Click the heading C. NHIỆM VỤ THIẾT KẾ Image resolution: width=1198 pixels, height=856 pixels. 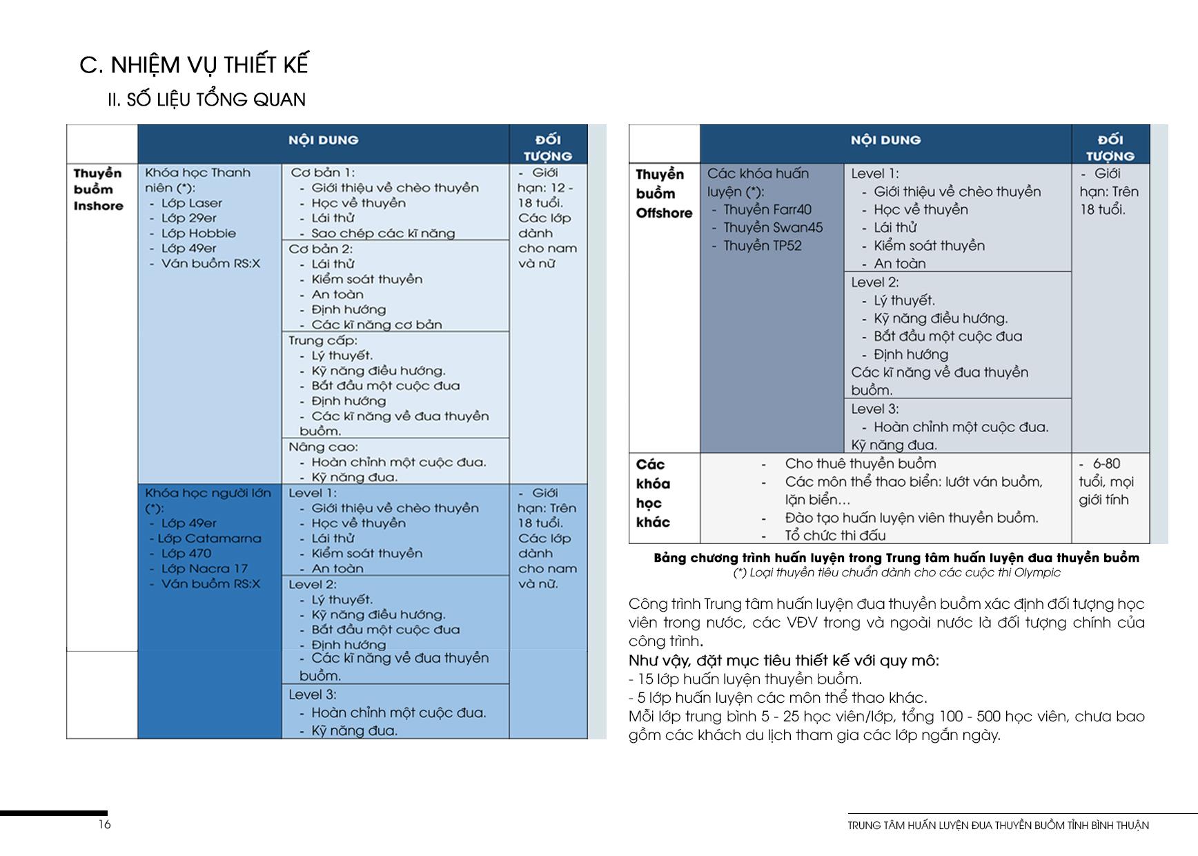[194, 64]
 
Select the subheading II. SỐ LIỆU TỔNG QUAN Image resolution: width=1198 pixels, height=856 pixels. [206, 99]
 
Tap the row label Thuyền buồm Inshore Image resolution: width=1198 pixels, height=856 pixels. [98, 189]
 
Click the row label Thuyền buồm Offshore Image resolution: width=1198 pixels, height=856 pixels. [663, 194]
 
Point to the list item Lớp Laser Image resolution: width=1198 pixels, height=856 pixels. [191, 203]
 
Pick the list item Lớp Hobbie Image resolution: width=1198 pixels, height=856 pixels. [198, 233]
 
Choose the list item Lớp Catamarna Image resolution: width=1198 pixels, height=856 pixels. [209, 538]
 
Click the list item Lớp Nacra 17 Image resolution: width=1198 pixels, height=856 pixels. [204, 569]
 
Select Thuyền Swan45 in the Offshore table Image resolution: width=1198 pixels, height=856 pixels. [772, 228]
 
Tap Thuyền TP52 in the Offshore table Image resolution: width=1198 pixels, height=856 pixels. [762, 246]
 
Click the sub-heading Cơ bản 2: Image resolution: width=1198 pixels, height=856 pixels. [320, 249]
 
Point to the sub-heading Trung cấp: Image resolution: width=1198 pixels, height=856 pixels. [322, 340]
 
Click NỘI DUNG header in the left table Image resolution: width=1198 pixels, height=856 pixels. [323, 140]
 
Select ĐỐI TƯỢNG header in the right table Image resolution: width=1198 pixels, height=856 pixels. [1110, 148]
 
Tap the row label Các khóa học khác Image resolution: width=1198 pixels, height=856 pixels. [653, 493]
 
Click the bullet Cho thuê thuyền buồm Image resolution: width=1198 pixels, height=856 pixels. [860, 463]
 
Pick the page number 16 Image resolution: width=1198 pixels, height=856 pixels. [104, 824]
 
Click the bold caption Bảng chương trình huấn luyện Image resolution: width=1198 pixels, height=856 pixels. [896, 558]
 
